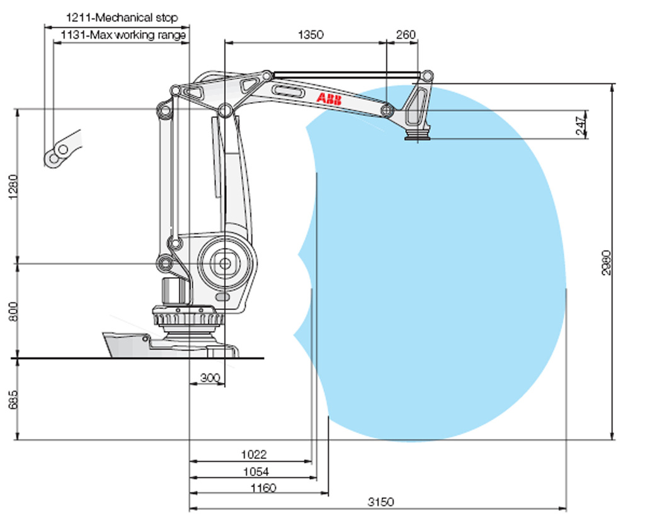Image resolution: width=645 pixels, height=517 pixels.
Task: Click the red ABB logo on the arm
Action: tap(329, 99)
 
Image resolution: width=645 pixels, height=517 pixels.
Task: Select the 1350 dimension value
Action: tap(311, 35)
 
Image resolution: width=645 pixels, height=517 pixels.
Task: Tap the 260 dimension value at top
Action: tap(406, 35)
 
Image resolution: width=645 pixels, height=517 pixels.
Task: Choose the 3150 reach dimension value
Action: tap(381, 502)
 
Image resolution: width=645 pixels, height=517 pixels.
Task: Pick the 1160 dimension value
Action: tap(263, 487)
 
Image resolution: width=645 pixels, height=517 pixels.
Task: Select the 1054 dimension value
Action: tap(256, 472)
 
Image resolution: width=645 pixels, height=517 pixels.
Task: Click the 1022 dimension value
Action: tap(254, 454)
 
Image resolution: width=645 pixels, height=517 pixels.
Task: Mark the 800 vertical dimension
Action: tap(13, 311)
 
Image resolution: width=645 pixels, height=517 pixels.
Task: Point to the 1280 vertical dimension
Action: tap(13, 186)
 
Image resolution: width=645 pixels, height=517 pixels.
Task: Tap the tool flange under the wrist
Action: tap(416, 135)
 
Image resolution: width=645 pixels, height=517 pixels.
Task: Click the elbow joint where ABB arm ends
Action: tap(387, 111)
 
